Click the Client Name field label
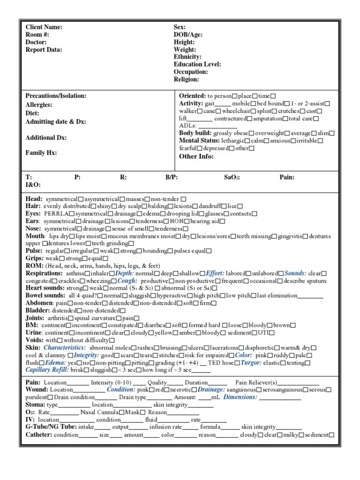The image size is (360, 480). click(44, 27)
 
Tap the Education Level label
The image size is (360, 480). click(197, 65)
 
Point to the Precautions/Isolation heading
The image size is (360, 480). click(56, 96)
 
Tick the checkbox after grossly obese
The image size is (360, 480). click(252, 133)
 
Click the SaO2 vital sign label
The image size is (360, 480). click(232, 178)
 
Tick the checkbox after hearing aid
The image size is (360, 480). click(222, 221)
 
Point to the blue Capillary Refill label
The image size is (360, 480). click(47, 370)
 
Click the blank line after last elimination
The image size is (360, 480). click(310, 296)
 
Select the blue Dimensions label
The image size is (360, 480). click(240, 397)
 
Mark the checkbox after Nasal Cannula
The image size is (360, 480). click(122, 412)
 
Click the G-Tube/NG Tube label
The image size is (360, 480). click(52, 427)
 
